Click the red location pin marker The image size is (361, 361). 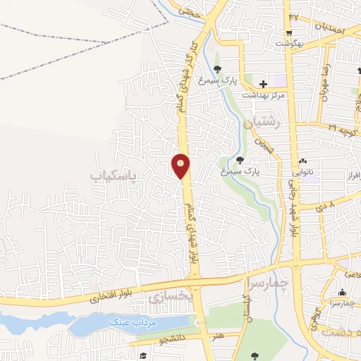click(181, 166)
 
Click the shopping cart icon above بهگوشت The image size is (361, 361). click(288, 33)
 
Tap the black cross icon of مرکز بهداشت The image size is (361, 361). click(262, 84)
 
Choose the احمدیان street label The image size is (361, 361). click(326, 27)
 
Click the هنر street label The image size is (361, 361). click(220, 337)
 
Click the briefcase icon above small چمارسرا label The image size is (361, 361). click(343, 293)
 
